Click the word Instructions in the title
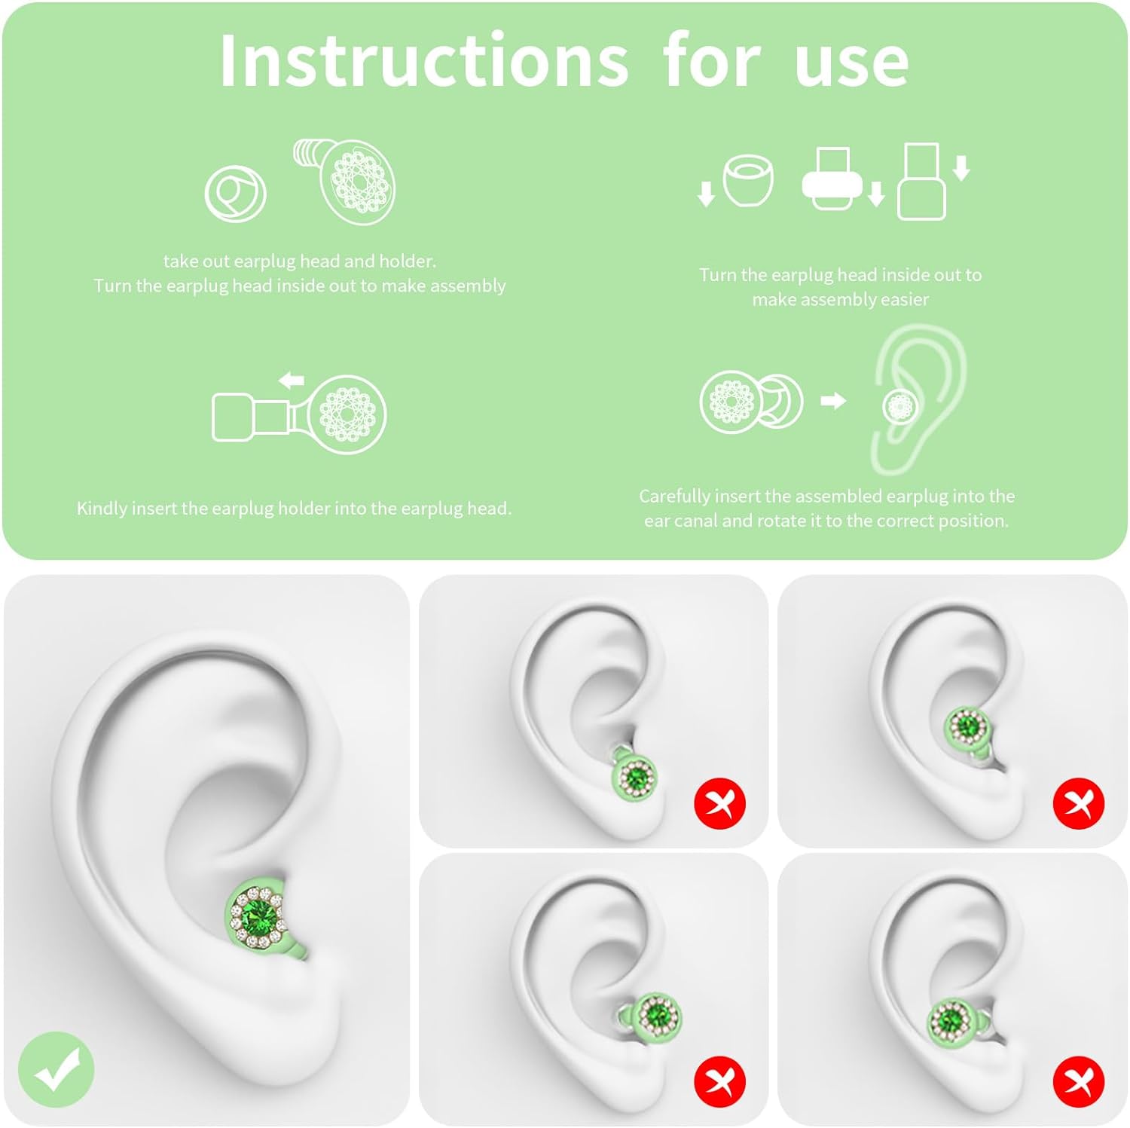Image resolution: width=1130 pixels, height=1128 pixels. tap(424, 60)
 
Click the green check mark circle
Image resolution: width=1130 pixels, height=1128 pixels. tap(56, 1069)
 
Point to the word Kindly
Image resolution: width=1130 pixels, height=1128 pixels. tap(102, 509)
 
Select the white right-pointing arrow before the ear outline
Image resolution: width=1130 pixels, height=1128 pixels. tap(833, 400)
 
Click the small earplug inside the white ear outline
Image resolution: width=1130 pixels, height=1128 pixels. tap(900, 407)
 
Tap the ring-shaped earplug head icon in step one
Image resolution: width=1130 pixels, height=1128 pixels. tap(235, 194)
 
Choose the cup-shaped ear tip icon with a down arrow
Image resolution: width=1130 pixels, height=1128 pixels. tap(748, 180)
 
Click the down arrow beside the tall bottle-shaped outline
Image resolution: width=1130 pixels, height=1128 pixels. tap(960, 168)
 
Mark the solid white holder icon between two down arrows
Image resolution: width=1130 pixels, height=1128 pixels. tap(832, 179)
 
